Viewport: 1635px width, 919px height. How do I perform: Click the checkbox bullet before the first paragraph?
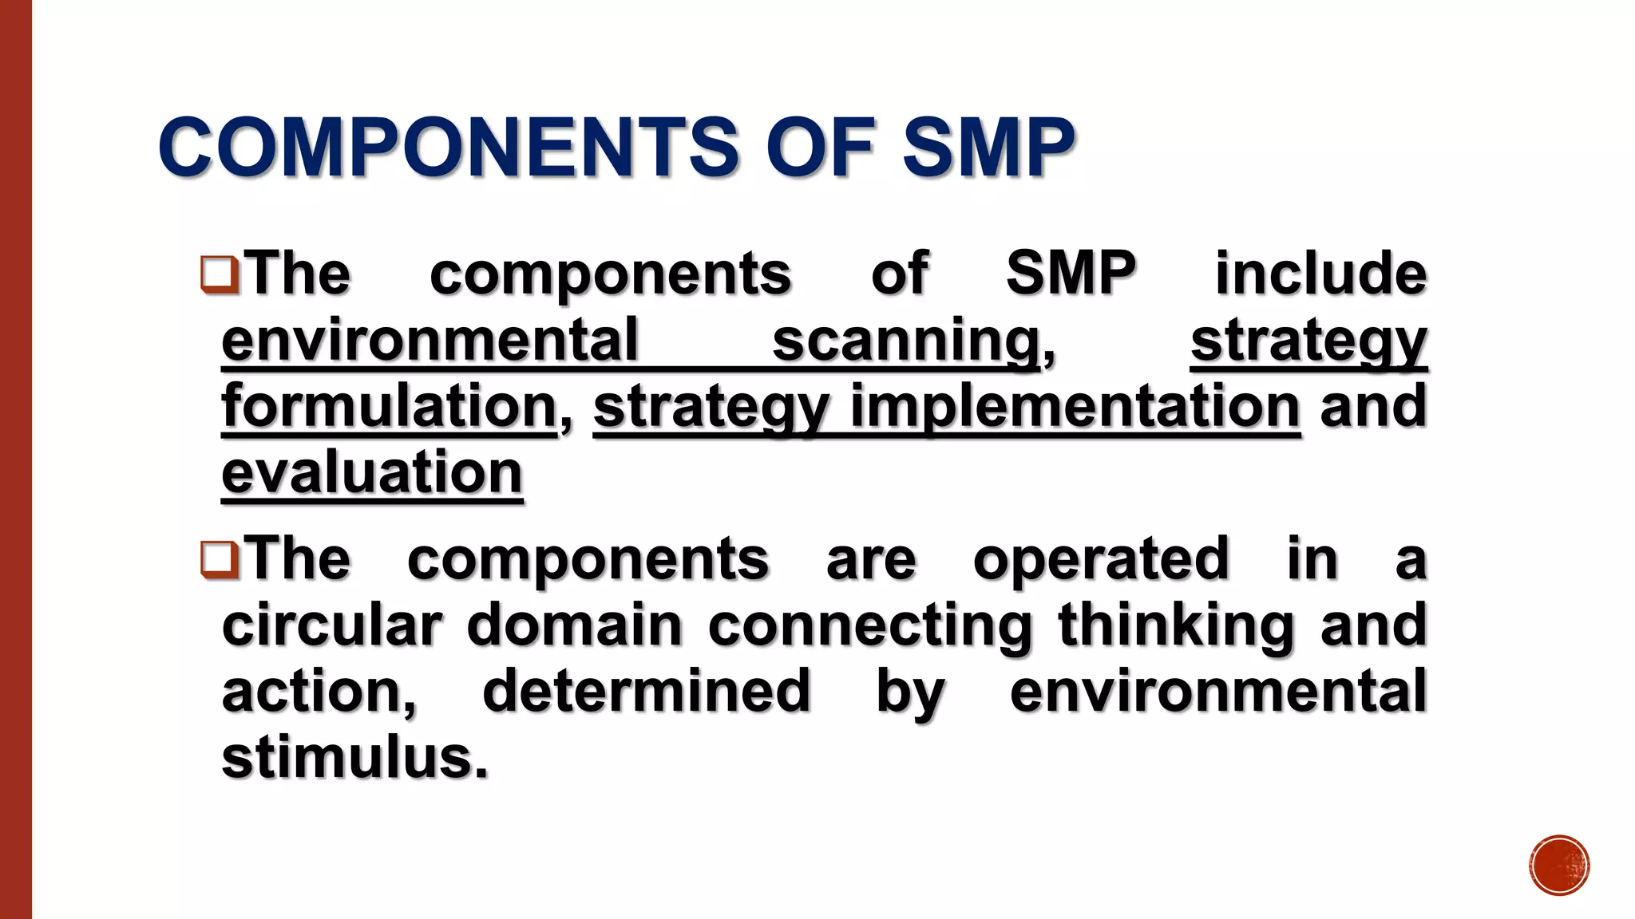[x=219, y=274]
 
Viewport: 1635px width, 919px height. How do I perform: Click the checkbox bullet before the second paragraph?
[x=219, y=559]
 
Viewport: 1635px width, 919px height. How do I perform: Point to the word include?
[x=1320, y=274]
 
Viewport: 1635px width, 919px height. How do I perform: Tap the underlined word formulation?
[x=389, y=407]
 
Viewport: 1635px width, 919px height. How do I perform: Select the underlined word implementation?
[x=1075, y=407]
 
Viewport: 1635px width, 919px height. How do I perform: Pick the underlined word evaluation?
[x=372, y=473]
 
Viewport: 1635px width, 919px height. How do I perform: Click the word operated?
[x=1101, y=559]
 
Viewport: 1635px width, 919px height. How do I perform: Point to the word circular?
[x=331, y=625]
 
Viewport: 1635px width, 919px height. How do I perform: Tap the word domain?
[x=575, y=625]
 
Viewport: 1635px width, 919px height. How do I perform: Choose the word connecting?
[x=870, y=625]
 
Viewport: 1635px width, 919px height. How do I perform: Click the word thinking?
[x=1176, y=625]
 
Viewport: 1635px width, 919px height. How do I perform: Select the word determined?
[x=647, y=691]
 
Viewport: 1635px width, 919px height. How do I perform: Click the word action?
[x=319, y=691]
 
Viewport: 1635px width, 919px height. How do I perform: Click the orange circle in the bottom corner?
[x=1559, y=866]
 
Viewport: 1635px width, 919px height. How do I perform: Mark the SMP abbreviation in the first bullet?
[x=1071, y=274]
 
